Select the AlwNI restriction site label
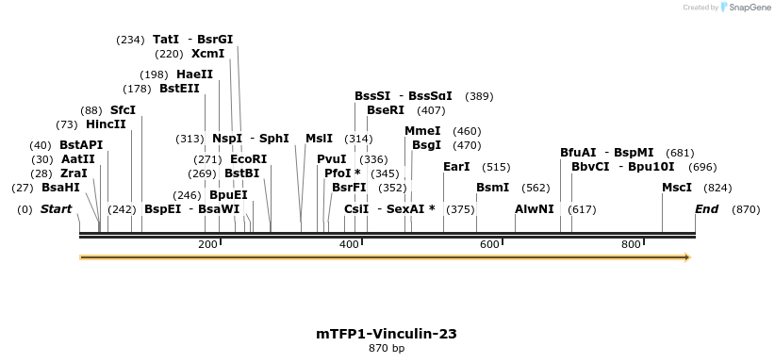535,209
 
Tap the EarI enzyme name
456,167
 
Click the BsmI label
492,188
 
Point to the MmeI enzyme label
422,131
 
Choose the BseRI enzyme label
386,110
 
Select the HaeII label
194,74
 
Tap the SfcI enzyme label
123,110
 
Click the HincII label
105,124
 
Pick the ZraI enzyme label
74,173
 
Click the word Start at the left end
56,209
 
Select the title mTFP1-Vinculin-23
387,334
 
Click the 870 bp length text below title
387,349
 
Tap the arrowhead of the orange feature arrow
686,256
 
